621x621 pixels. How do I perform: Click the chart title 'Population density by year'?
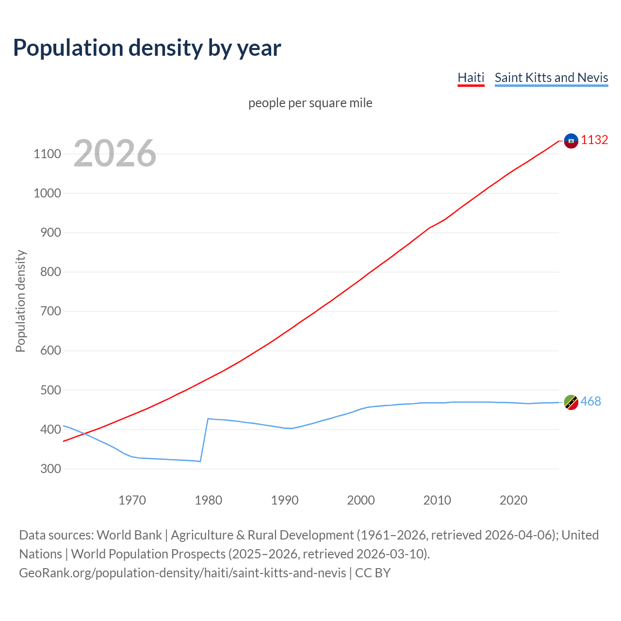[147, 48]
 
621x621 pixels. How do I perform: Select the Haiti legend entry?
[471, 78]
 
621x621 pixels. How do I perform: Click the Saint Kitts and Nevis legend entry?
[551, 78]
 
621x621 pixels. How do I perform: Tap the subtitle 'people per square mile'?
[310, 103]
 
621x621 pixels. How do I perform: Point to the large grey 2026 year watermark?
[115, 153]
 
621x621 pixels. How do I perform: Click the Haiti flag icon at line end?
[571, 141]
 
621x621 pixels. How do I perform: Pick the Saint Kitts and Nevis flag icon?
[571, 402]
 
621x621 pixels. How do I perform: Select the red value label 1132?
[594, 140]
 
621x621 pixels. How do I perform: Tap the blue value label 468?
[590, 401]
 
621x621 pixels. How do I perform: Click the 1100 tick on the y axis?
[47, 154]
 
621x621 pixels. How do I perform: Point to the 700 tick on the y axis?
[47, 311]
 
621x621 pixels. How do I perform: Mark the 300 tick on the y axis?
[47, 469]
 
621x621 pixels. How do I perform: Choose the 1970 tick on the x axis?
[132, 500]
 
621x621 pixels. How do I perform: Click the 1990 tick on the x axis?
[285, 500]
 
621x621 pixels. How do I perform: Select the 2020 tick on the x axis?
[513, 500]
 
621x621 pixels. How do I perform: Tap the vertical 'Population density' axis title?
[20, 301]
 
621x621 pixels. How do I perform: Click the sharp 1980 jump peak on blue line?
[208, 418]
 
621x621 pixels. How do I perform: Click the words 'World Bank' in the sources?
[129, 535]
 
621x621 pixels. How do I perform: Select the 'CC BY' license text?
[373, 572]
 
